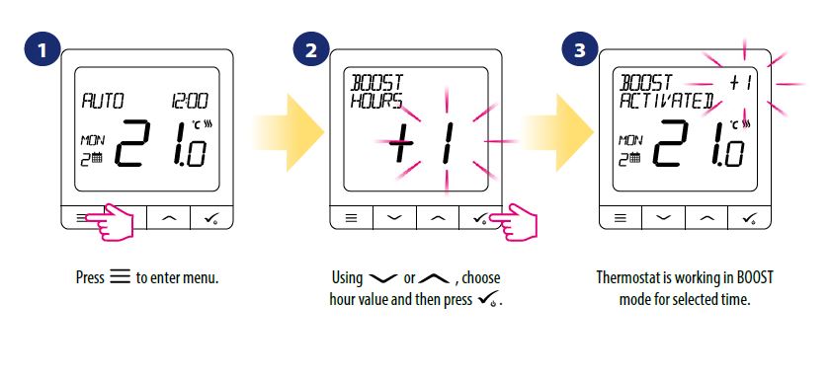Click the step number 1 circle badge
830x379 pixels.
[41, 50]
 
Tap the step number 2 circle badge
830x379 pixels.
[310, 50]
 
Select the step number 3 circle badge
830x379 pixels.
[580, 50]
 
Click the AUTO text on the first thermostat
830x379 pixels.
[102, 101]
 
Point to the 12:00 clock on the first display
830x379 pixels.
[189, 101]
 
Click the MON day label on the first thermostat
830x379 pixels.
[93, 140]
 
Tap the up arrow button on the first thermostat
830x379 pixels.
[168, 217]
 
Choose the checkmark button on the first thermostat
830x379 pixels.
[211, 217]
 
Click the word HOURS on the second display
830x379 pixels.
[375, 101]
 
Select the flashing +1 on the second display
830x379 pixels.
[421, 143]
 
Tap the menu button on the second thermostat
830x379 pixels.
[352, 217]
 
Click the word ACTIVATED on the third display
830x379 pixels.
[667, 101]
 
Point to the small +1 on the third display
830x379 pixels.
[741, 83]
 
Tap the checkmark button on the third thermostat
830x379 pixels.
[750, 217]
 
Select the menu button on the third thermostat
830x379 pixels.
[621, 217]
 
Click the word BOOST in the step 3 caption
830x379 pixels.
[752, 277]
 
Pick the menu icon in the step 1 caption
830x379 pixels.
[121, 277]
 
